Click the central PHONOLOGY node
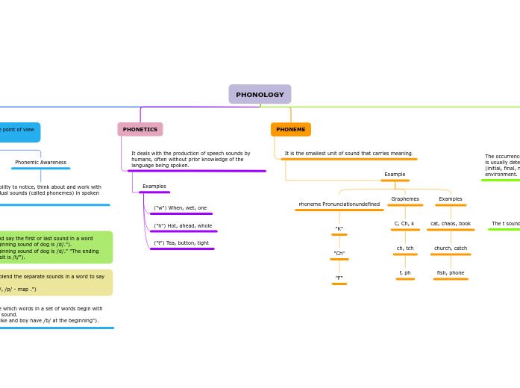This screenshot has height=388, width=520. click(260, 95)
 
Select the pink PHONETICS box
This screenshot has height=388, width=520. click(140, 130)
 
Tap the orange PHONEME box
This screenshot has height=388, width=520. click(291, 130)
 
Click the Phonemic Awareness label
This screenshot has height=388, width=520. click(40, 163)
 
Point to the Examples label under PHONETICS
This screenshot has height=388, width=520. click(154, 187)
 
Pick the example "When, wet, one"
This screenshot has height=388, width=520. click(181, 208)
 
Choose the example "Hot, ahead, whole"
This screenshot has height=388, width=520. click(183, 226)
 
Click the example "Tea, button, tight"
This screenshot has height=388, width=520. click(181, 243)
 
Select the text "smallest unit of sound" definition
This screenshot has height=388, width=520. click(348, 154)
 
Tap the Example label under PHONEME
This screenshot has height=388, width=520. click(395, 175)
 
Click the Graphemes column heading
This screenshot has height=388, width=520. click(405, 199)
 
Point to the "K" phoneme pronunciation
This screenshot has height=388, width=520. click(339, 229)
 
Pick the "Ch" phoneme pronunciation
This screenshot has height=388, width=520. click(339, 254)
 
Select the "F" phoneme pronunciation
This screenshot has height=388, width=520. click(339, 278)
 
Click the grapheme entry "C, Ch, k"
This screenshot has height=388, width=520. click(404, 224)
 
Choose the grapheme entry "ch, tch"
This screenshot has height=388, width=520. click(405, 248)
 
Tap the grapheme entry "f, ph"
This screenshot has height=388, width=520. click(405, 273)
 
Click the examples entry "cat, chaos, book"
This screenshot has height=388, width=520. click(451, 224)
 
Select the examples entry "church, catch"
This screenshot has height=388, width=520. click(451, 248)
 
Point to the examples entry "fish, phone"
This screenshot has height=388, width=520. click(451, 273)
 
